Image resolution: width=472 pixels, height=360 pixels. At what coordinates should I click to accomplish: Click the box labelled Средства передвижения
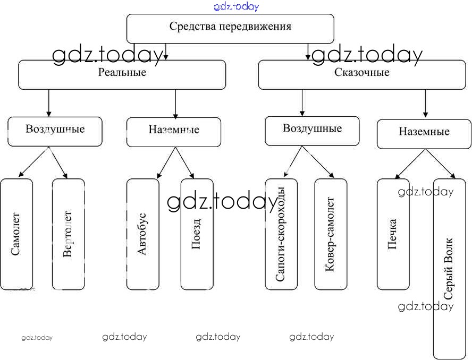(x=230, y=28)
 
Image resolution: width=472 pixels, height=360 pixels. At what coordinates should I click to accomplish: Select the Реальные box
(x=122, y=74)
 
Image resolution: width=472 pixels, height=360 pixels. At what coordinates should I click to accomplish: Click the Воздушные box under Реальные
(x=55, y=131)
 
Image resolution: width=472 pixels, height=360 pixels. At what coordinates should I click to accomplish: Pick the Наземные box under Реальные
(x=173, y=131)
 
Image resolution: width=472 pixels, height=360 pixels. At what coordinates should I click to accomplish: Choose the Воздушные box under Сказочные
(x=312, y=130)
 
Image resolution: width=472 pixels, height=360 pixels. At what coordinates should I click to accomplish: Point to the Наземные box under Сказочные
(x=424, y=133)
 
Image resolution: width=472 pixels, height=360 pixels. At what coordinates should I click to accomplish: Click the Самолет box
(x=16, y=234)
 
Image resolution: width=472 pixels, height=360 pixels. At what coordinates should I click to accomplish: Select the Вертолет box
(x=68, y=234)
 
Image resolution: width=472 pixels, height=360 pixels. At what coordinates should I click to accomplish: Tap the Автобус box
(x=142, y=234)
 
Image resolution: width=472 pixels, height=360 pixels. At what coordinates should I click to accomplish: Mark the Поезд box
(x=197, y=234)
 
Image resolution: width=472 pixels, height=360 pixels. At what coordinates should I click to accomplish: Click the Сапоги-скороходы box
(x=281, y=234)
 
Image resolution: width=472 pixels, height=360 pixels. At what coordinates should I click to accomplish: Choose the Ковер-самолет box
(x=331, y=234)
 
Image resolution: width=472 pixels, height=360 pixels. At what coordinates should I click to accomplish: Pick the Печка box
(x=393, y=234)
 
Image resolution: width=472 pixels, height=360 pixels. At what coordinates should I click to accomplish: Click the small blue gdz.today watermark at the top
(x=237, y=6)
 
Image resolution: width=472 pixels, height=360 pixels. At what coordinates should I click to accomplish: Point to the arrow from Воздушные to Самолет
(x=33, y=162)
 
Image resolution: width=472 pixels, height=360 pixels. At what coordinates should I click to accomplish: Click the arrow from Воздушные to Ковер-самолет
(x=318, y=162)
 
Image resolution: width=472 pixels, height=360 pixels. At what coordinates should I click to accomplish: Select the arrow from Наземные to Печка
(x=410, y=163)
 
